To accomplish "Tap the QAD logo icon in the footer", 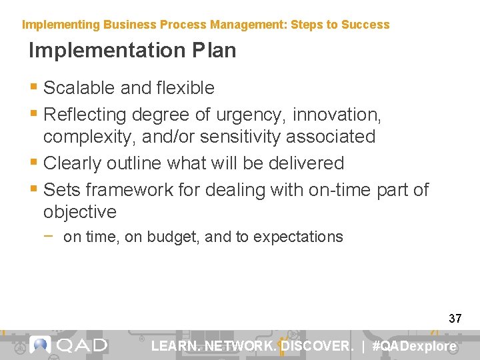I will pos(41,345).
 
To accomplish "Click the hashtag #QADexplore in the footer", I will pos(414,346).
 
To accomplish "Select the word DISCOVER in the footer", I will pos(316,346).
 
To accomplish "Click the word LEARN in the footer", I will pos(175,346).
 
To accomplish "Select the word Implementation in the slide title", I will pos(105,51).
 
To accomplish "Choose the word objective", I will pos(80,212).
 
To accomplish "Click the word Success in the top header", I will pos(365,25).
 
